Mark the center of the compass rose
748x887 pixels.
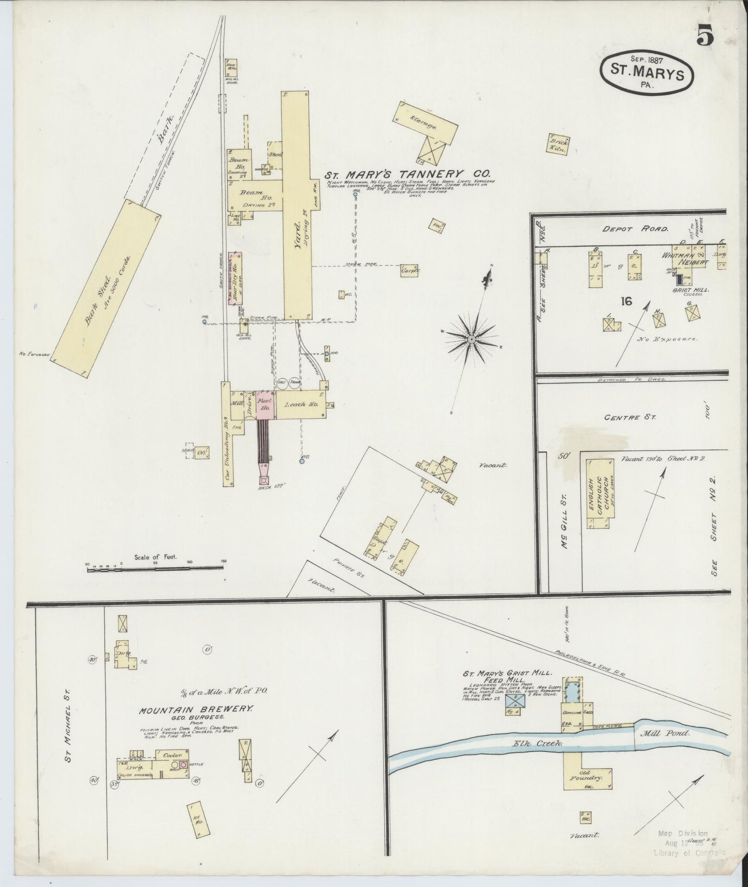[x=472, y=339]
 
